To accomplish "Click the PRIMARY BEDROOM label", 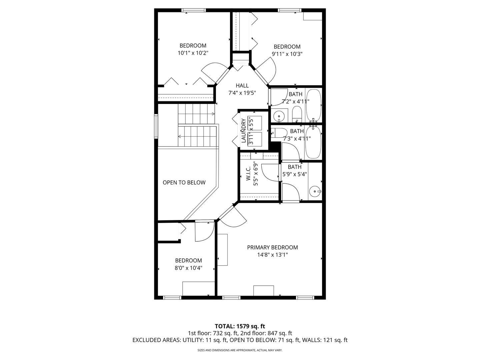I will (272, 247).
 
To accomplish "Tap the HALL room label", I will (242, 86).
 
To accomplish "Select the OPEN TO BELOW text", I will (184, 183).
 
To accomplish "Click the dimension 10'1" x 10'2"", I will (193, 53).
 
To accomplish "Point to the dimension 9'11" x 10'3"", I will (287, 54).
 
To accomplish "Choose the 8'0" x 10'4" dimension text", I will (188, 268).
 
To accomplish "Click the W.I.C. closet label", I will (248, 174).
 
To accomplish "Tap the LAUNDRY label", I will (243, 130).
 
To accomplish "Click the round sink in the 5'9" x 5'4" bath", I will (314, 191).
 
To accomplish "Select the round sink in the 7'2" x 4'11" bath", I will (279, 116).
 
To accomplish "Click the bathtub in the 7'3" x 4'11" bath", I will (313, 142).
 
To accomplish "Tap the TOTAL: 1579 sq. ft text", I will (240, 326).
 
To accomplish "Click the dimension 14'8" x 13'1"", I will (272, 255).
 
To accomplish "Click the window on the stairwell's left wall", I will (156, 126).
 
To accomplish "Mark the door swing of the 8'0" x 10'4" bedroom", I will (203, 231).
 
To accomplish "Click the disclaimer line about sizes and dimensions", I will (240, 350).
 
